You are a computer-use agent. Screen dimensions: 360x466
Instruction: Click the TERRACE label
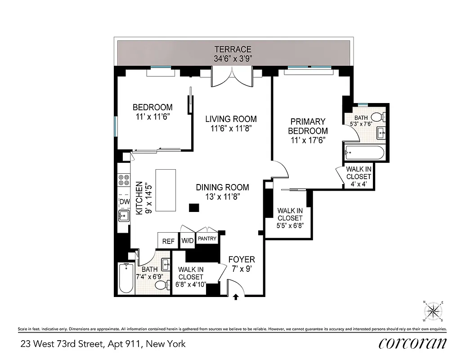tap(233, 49)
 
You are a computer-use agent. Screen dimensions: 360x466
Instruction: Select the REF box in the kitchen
tap(168, 241)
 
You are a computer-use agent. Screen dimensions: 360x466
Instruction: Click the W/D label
tap(188, 241)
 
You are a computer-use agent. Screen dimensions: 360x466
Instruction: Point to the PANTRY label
tap(207, 239)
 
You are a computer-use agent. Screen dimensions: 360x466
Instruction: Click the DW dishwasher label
tap(123, 201)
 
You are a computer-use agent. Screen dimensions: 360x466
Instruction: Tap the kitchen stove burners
tap(122, 180)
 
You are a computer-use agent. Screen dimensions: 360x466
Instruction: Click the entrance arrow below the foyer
tap(235, 297)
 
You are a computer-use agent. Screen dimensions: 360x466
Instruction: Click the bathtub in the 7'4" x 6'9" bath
tap(125, 279)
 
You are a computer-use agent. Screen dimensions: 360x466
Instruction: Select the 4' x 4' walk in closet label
tap(358, 177)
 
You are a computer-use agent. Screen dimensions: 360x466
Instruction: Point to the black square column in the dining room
tap(194, 207)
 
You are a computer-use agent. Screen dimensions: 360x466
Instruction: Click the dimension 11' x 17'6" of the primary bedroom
tap(308, 140)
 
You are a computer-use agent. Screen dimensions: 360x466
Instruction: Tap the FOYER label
tap(242, 260)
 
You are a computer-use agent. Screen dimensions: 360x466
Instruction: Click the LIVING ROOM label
tap(231, 119)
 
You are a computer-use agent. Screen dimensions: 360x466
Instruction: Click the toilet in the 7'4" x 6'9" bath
tap(160, 285)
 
